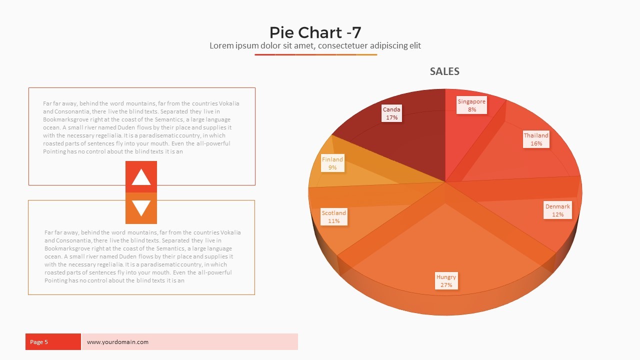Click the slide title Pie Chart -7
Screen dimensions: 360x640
[x=315, y=32]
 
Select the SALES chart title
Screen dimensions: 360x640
[x=444, y=71]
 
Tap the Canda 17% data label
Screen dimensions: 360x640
[x=391, y=113]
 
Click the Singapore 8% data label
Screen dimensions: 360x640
[x=471, y=105]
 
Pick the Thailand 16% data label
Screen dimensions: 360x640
[x=536, y=139]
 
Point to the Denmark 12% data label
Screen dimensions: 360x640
[x=557, y=210]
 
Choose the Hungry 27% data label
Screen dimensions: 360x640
[x=446, y=281]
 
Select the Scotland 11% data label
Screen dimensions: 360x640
[x=333, y=217]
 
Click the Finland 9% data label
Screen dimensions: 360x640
[x=332, y=163]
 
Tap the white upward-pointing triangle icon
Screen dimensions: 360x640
[x=141, y=177]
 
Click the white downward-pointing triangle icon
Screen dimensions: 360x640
[x=141, y=208]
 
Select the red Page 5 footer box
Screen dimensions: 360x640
[x=53, y=342]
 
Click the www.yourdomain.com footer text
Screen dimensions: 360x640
[x=117, y=342]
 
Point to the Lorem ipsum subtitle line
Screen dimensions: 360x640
[x=315, y=46]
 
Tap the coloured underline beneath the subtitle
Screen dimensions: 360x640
[x=315, y=54]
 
